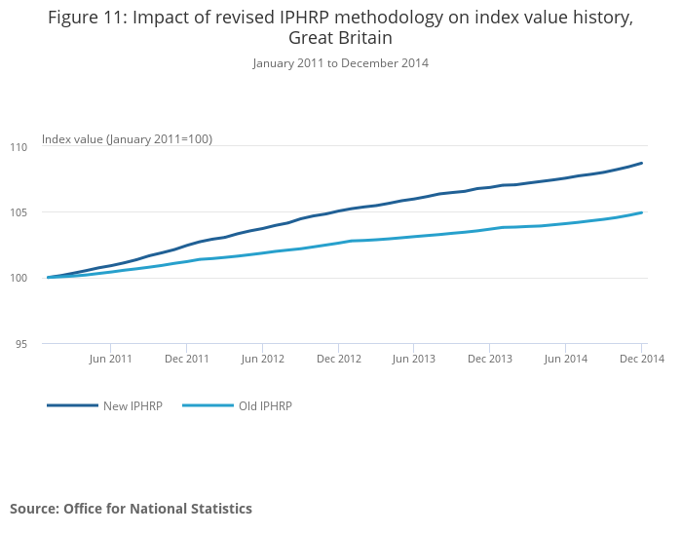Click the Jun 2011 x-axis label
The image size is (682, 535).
(111, 359)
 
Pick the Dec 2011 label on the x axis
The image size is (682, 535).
(187, 359)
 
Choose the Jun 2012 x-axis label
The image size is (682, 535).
(263, 359)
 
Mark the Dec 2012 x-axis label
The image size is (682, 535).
(339, 359)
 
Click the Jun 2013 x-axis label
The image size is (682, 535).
(414, 359)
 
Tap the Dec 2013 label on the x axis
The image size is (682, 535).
(490, 359)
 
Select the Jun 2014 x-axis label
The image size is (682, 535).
(566, 359)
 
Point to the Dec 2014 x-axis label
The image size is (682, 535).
(641, 359)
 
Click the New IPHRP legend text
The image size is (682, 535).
(133, 406)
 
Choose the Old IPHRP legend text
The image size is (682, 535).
(265, 406)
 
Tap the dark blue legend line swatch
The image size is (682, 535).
(72, 405)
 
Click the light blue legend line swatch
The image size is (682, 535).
(208, 405)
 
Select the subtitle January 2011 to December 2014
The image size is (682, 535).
(340, 63)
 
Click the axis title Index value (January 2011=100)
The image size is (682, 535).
(127, 139)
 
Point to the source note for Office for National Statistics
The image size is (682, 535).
(131, 509)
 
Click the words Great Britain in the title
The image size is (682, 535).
(340, 38)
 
